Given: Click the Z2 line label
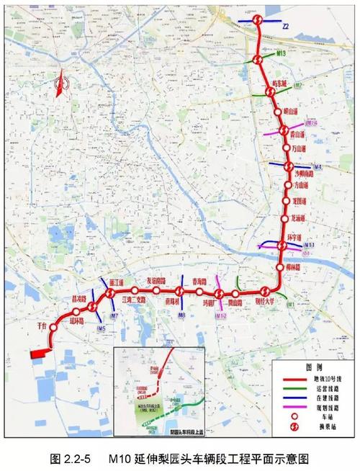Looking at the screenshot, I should point(286,26).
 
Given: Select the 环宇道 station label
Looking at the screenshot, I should point(298,236).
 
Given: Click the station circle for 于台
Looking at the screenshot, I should point(53,333).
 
